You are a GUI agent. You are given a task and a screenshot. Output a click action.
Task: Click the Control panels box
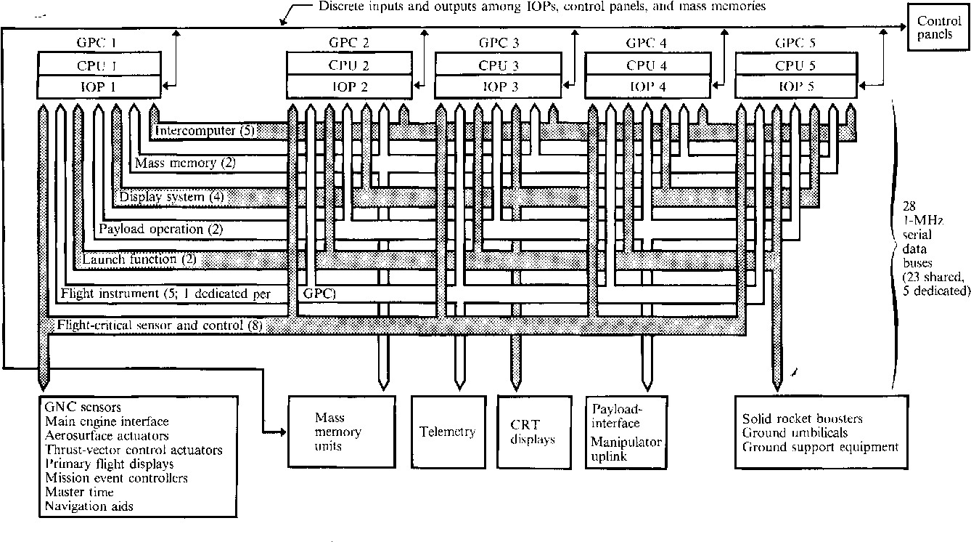(938, 29)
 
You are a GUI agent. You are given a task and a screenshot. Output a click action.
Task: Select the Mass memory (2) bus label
(185, 163)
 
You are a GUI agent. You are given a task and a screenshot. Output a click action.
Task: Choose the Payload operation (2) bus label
(160, 229)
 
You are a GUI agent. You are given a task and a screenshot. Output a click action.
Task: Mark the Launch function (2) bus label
(139, 259)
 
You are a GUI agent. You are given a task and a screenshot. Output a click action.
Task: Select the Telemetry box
(448, 432)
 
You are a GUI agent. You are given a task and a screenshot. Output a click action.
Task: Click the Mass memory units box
(338, 432)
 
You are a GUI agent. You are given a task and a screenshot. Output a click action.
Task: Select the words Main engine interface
(107, 421)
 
